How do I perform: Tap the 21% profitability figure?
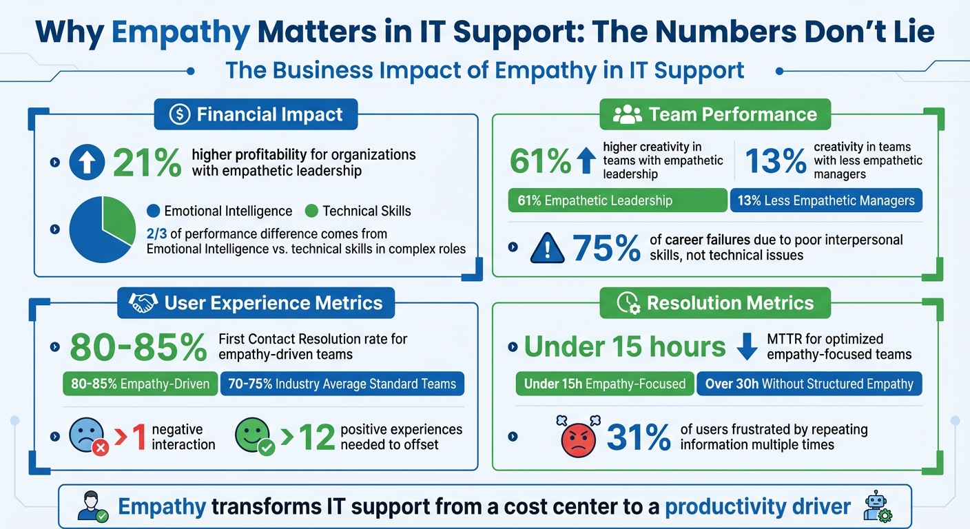pos(146,163)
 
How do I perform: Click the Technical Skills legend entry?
pos(358,211)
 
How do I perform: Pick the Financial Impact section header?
pos(256,114)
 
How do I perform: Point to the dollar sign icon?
pos(178,114)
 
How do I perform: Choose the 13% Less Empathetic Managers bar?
pos(825,200)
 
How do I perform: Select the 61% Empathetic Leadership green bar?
pos(617,200)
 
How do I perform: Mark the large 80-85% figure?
pos(138,347)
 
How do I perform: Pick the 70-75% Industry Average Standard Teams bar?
pos(342,384)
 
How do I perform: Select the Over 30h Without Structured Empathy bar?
pos(809,384)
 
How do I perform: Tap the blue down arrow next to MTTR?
pos(747,347)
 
